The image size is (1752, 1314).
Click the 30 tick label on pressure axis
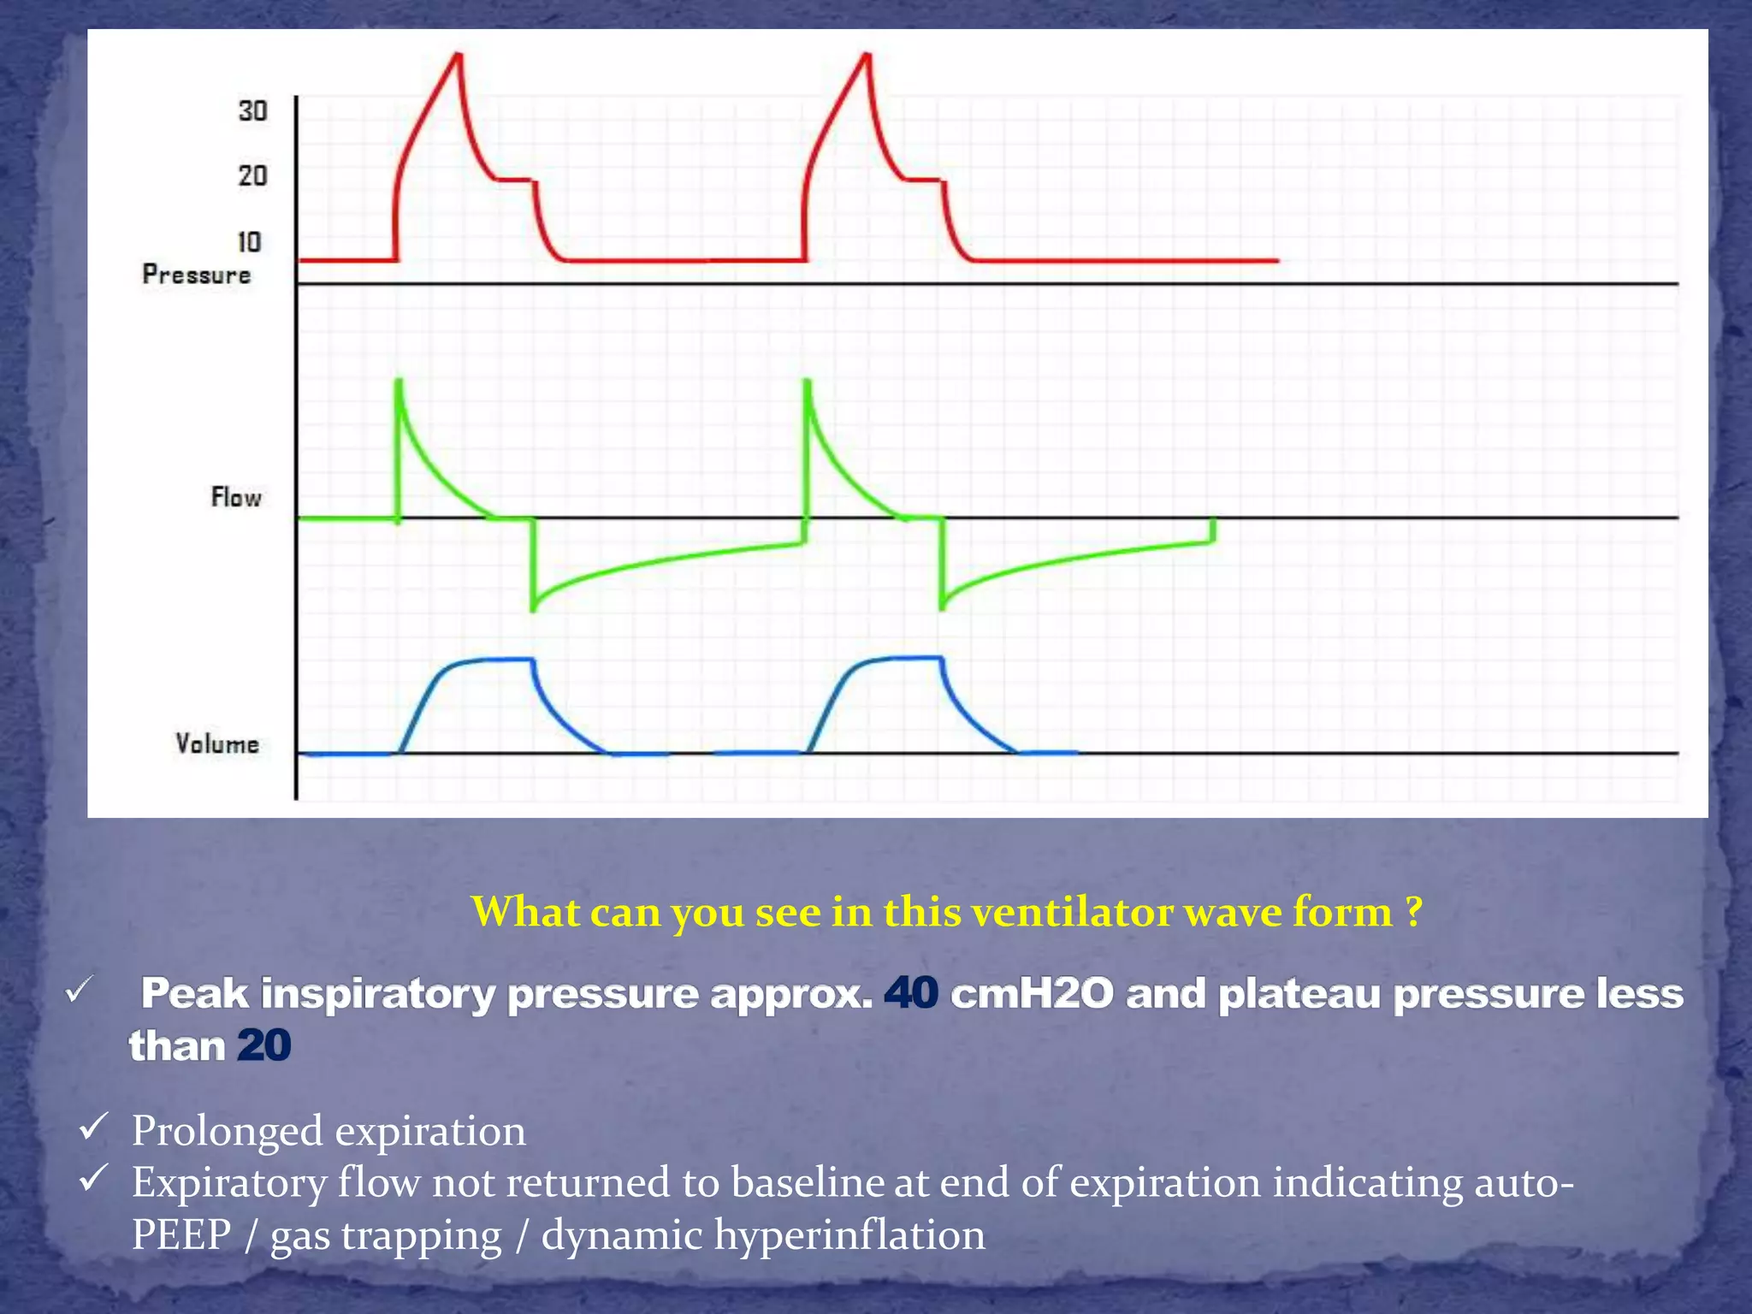[x=252, y=111]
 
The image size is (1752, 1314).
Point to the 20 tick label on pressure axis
[x=252, y=176]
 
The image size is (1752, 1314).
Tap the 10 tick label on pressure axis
[x=249, y=242]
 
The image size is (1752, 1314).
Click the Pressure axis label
[x=197, y=275]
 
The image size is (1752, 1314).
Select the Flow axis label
[x=236, y=497]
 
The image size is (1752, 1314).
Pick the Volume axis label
[x=217, y=743]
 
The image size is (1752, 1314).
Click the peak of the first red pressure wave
[x=459, y=56]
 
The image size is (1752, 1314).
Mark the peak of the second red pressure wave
[x=867, y=56]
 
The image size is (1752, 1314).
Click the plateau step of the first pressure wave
[x=515, y=180]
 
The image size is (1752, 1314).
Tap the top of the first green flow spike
[x=398, y=382]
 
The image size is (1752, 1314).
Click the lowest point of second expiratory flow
[x=942, y=606]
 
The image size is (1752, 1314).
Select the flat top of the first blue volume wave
[x=496, y=659]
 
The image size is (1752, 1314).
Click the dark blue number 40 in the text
[x=911, y=994]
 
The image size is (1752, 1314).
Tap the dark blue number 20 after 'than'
[x=263, y=1045]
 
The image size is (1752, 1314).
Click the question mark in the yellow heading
[x=1413, y=912]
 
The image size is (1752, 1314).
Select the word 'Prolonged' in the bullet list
[x=227, y=1131]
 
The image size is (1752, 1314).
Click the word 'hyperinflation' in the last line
[x=849, y=1235]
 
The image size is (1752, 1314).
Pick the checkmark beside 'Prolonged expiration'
[x=92, y=1127]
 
